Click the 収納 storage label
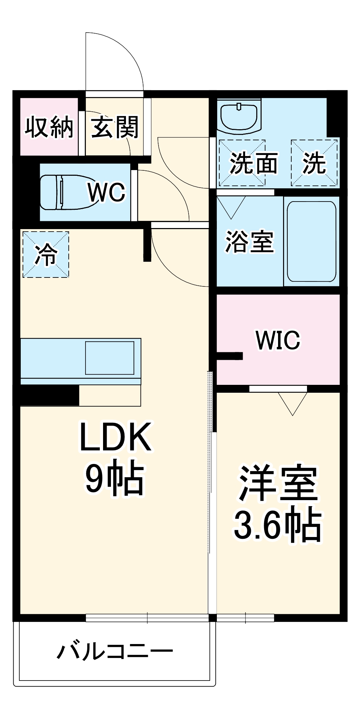point(49,127)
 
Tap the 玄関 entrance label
point(115,127)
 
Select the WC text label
point(107,192)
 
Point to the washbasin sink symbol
point(239,116)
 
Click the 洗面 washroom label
point(253,163)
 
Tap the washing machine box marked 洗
point(314,163)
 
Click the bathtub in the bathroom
point(311,241)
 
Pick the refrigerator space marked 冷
point(46,255)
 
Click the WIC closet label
point(278,340)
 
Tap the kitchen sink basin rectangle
point(110,358)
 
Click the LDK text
point(115,437)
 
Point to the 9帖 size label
point(115,478)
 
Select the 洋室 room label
point(278,483)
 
